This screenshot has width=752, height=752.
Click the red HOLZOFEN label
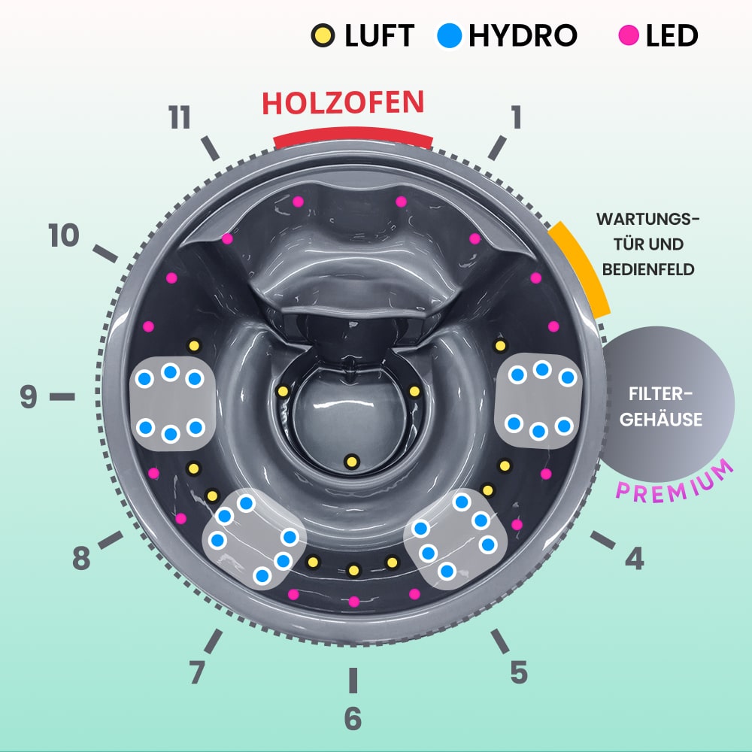click(343, 103)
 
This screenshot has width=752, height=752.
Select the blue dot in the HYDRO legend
click(449, 35)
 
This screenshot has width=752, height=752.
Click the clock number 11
click(180, 118)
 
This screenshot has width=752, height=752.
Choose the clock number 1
click(515, 117)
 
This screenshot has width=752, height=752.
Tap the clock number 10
click(65, 236)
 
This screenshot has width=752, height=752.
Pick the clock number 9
click(29, 396)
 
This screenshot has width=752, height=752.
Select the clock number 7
click(197, 672)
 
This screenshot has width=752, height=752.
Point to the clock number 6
click(353, 718)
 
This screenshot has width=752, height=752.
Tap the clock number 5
click(519, 672)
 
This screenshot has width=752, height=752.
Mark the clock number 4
click(635, 558)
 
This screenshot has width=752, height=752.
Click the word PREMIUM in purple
click(675, 480)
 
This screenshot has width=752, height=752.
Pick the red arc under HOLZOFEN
click(353, 137)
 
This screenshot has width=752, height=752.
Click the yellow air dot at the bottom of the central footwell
click(350, 460)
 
